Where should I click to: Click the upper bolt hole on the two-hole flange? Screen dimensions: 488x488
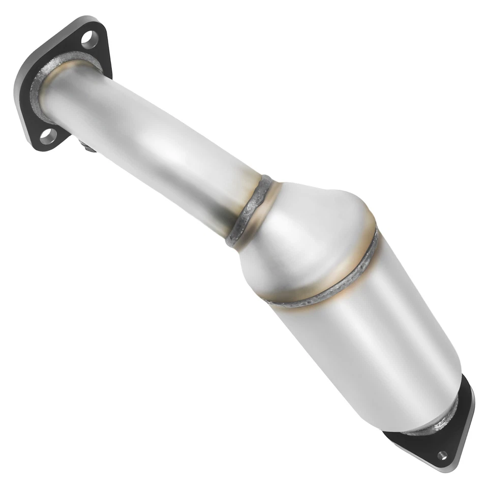89,39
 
